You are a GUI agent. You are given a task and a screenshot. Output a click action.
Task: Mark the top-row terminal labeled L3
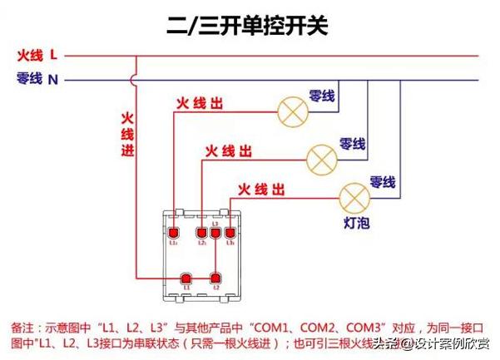215,234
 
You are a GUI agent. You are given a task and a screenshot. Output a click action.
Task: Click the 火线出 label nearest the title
200,105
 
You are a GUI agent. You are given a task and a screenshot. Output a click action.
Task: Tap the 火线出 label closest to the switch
262,190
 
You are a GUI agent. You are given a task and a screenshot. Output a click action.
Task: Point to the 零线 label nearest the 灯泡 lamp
382,182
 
